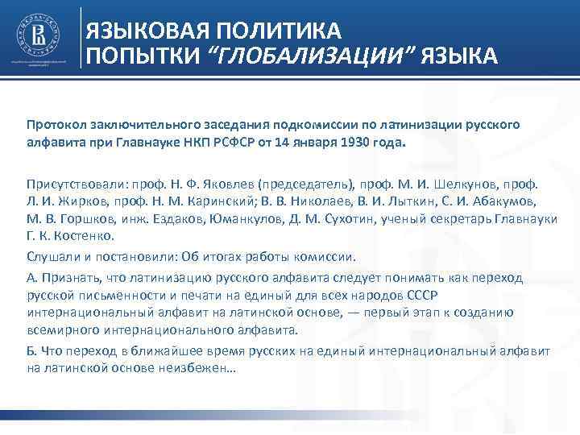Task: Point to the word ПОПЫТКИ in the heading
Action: (x=138, y=56)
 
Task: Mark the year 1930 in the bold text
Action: (x=369, y=142)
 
